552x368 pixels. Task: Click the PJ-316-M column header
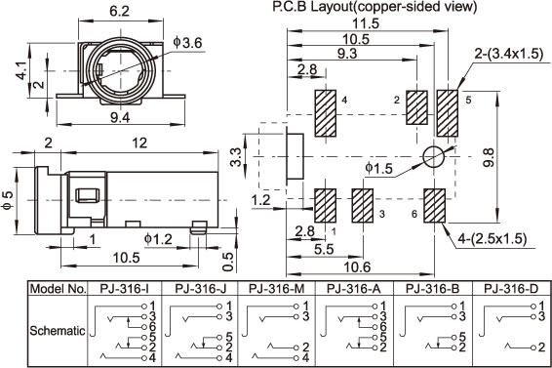click(x=276, y=289)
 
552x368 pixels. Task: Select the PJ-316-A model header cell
click(x=354, y=289)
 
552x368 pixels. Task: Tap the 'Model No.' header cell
click(x=59, y=289)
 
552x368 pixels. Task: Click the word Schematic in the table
click(x=58, y=331)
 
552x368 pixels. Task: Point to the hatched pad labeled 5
click(x=448, y=113)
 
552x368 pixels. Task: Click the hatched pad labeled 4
click(x=326, y=113)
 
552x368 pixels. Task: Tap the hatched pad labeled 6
click(x=434, y=206)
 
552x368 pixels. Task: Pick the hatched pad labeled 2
click(x=416, y=107)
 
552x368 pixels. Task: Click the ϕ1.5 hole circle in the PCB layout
click(x=434, y=156)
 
